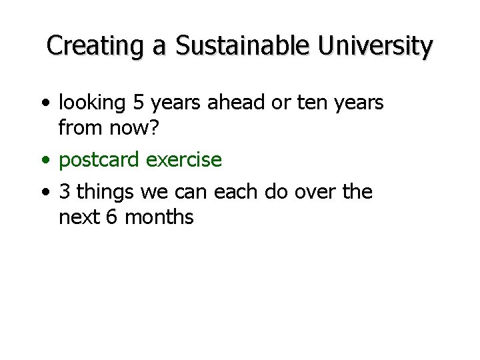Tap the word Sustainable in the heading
(243, 46)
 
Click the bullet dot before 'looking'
(45, 103)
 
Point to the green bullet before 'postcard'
(45, 161)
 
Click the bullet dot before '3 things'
(45, 193)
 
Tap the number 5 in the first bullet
(138, 103)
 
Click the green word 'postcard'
(99, 160)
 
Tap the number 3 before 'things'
(65, 192)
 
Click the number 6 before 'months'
(111, 217)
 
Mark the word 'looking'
(92, 103)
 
